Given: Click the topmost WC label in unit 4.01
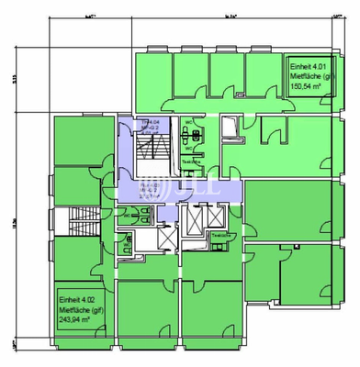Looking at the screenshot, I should (188, 123).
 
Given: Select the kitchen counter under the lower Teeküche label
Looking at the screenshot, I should (221, 243).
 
